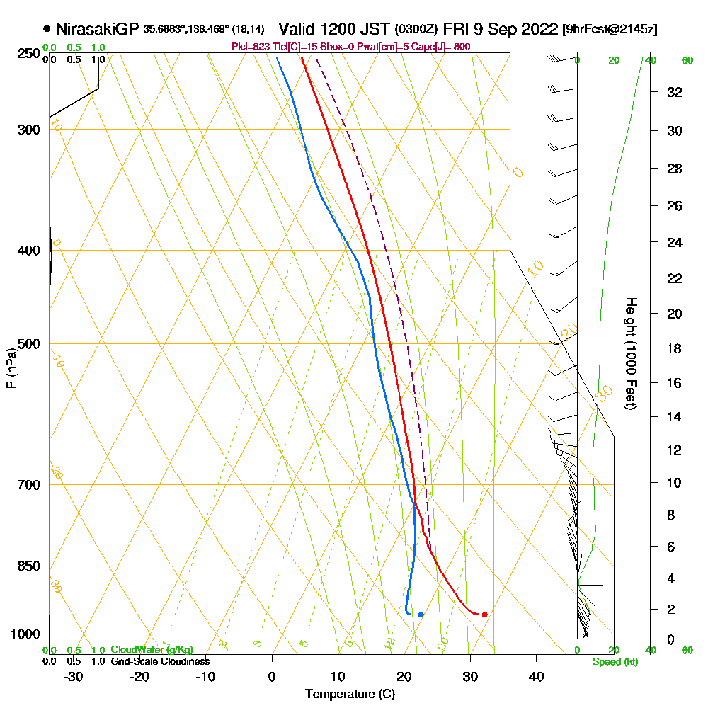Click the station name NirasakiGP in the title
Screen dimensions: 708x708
97,29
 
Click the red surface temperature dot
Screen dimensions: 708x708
484,614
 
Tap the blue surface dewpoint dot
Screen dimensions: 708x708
421,614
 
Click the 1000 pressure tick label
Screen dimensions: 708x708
25,634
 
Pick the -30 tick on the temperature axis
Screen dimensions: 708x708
73,676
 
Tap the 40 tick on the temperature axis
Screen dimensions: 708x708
536,676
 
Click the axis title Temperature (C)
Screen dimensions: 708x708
350,694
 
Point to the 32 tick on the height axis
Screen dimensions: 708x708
674,92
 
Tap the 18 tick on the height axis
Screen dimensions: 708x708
674,348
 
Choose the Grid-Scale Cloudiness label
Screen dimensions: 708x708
159,661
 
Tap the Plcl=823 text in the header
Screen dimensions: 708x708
249,47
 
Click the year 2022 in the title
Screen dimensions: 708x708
538,29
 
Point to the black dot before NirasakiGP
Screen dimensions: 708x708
47,29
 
